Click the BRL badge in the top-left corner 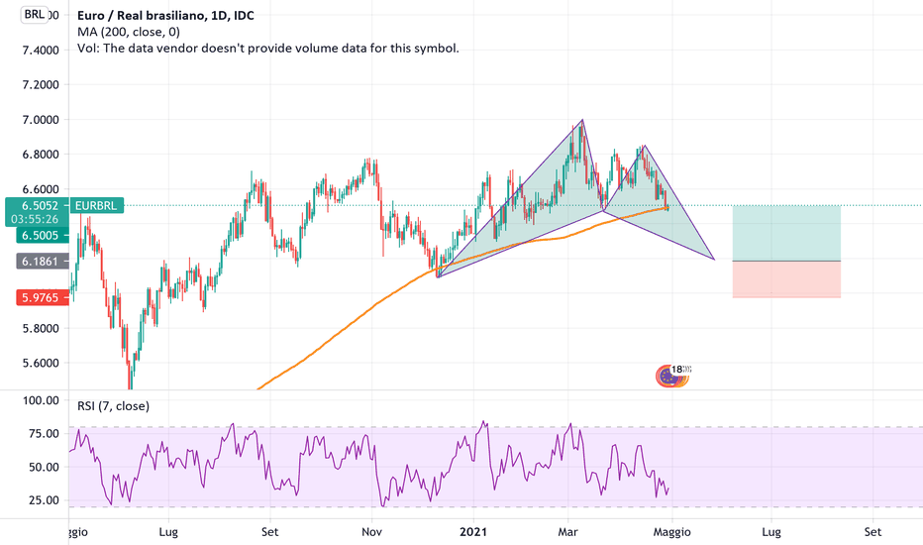pos(35,15)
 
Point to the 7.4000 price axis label pos(34,50)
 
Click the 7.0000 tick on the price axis pos(34,120)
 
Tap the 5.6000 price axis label pos(34,363)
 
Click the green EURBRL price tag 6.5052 pos(34,206)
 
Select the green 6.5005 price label pos(34,236)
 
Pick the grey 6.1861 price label pos(34,262)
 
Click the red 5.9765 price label pos(34,297)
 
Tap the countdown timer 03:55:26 pos(34,219)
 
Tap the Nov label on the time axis pos(371,531)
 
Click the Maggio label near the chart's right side pos(671,531)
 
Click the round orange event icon pos(669,376)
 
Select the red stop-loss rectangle pos(786,279)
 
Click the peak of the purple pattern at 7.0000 pos(582,120)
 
